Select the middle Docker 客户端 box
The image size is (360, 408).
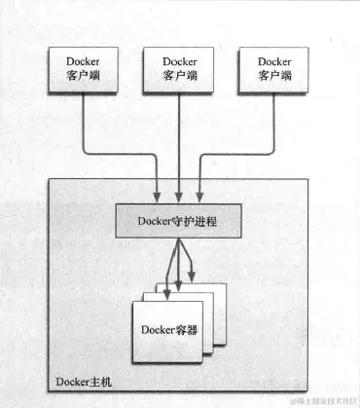click(x=179, y=68)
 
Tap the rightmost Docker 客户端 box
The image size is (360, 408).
click(x=274, y=68)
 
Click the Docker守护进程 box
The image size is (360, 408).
click(x=178, y=221)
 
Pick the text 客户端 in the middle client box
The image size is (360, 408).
click(x=179, y=76)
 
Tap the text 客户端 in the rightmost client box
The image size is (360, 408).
click(x=274, y=76)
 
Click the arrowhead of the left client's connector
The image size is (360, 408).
click(x=159, y=195)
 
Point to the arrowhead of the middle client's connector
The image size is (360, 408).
click(x=179, y=195)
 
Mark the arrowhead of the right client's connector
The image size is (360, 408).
click(x=199, y=195)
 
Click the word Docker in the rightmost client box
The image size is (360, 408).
click(x=274, y=60)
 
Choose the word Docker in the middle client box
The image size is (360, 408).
click(x=179, y=60)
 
